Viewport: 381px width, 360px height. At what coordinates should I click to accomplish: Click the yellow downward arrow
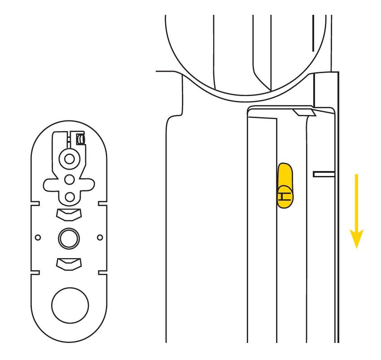356,211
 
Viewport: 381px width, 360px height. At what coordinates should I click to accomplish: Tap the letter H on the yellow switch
285,196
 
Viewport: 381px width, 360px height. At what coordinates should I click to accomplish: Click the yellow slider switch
285,185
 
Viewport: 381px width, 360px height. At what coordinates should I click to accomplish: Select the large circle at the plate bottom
70,305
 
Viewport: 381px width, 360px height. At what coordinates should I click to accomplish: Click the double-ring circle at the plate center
69,238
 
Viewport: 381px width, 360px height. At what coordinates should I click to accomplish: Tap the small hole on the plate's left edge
38,237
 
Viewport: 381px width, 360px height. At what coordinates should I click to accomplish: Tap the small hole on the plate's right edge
100,237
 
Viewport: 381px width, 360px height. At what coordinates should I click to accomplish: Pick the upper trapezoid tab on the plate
69,215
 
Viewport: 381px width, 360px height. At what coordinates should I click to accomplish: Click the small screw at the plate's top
80,139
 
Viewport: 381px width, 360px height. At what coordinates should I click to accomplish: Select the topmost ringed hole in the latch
70,159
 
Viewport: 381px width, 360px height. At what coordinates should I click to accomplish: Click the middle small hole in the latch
70,180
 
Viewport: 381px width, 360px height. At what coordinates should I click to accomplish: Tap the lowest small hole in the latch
70,197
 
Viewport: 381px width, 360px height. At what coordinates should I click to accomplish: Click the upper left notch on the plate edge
35,203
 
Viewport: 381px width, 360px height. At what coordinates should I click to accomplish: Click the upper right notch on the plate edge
102,203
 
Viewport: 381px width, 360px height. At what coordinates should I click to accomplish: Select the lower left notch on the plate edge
35,272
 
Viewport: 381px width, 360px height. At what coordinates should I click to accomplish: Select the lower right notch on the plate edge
102,272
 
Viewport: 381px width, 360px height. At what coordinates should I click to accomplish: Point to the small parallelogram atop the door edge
304,112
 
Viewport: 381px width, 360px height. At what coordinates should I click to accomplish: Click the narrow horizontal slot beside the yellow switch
324,174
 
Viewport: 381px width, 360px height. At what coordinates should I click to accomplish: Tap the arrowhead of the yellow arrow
356,238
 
